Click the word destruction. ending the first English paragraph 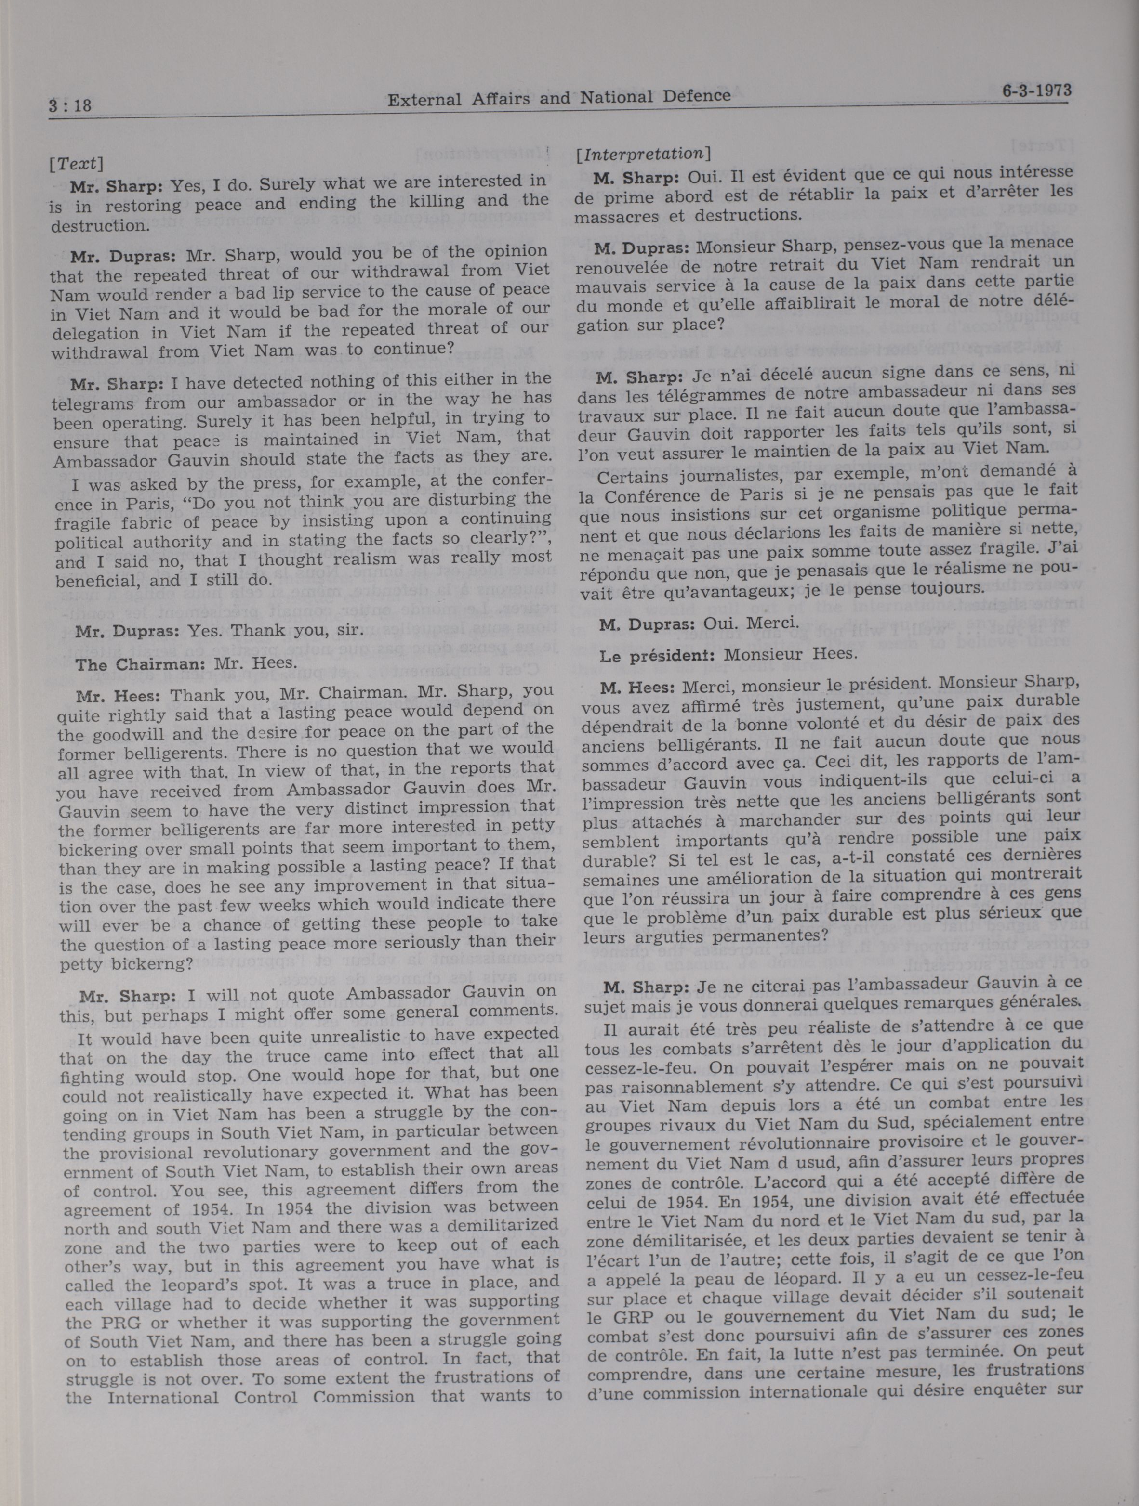tap(95, 225)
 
